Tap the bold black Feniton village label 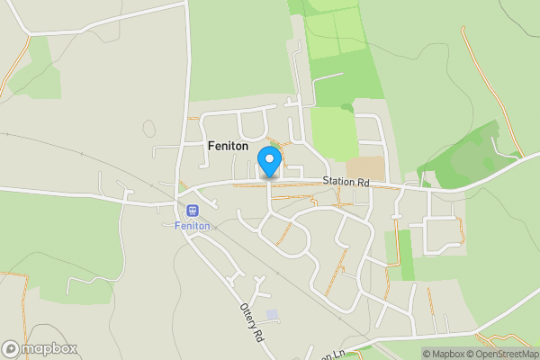point(229,146)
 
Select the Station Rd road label point(346,182)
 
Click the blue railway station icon point(192,211)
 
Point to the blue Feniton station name point(192,225)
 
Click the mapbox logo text point(49,349)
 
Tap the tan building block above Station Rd point(364,167)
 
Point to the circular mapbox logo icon point(12,349)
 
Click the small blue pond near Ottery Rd point(272,315)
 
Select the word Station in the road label point(339,182)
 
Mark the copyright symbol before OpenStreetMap point(469,354)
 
